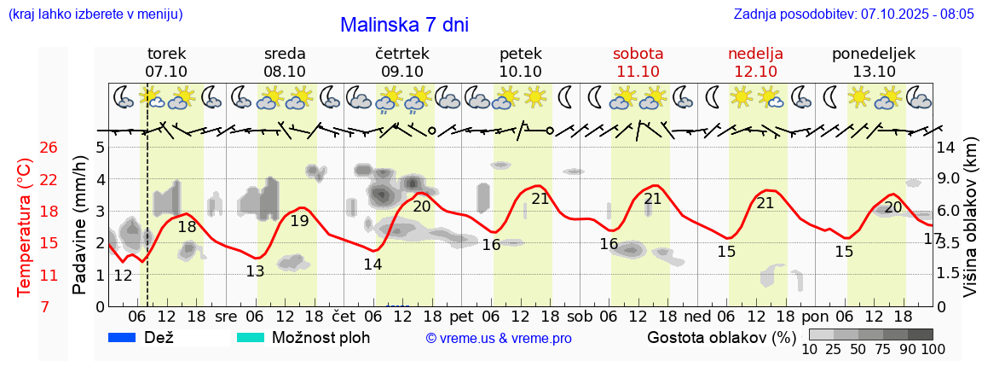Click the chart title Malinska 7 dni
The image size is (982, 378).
coord(404,25)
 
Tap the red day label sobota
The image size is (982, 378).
coord(638,54)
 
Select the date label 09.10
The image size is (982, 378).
coord(402,72)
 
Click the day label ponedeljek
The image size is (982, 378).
coord(874,54)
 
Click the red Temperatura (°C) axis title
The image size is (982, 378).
coord(25,227)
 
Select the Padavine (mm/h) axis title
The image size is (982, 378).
coord(79,225)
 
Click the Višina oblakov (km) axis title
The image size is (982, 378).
coord(971,225)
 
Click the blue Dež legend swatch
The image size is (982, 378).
coord(123,337)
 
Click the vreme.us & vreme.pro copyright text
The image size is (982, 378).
coord(499,338)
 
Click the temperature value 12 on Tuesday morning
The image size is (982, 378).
coord(123,276)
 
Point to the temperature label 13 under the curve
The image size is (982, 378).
coord(255,272)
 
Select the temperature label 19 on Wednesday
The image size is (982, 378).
coord(299,221)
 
